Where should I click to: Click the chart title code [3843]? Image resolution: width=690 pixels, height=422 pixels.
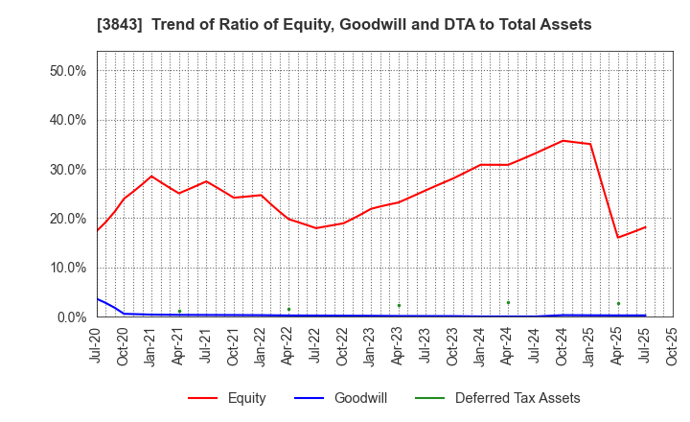(117, 25)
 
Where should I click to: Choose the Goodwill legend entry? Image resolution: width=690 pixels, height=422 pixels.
(359, 398)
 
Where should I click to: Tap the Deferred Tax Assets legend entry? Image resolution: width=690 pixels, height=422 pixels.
(517, 398)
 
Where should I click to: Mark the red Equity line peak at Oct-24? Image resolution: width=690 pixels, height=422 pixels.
(563, 141)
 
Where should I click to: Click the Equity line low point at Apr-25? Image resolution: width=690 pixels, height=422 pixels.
(618, 237)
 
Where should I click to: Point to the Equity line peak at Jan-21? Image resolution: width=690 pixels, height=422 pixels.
(151, 176)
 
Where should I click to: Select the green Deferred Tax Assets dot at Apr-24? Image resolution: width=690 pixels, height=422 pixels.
(508, 303)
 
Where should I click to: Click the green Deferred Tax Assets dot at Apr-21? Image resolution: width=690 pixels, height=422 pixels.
(179, 311)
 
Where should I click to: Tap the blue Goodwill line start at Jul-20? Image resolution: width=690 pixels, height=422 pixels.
(97, 298)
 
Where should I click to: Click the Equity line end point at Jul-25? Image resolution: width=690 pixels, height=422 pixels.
(645, 227)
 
